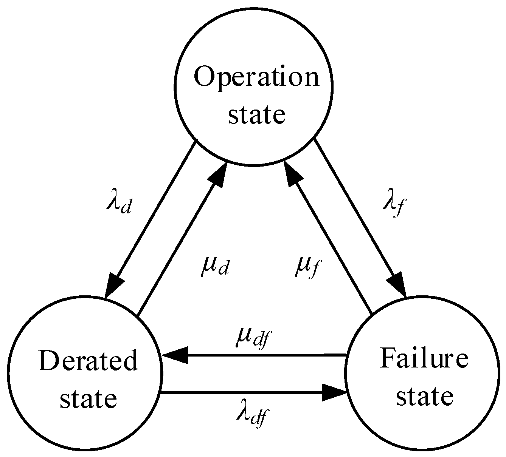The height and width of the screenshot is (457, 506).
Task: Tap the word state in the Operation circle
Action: pos(256,115)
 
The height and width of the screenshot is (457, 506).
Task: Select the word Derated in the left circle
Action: pos(88,361)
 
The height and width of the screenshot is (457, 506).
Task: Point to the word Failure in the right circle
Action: pos(424,358)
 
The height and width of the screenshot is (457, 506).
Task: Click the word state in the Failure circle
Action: pos(424,396)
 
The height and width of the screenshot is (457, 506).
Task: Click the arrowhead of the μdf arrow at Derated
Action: pos(174,355)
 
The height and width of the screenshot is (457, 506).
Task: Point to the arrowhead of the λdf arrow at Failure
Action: pos(335,393)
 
